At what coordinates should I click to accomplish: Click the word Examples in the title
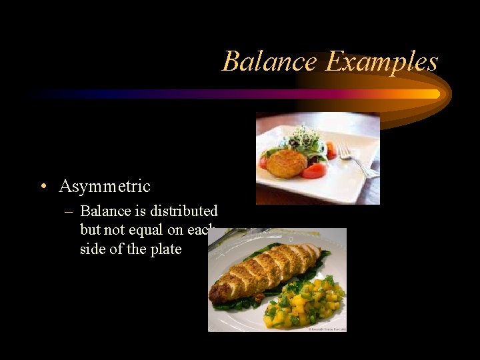tap(381, 62)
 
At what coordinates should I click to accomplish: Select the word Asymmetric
tap(105, 186)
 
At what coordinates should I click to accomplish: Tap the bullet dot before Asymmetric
tap(42, 187)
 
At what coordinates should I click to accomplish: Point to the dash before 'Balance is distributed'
tap(69, 211)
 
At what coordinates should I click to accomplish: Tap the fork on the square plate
tap(353, 160)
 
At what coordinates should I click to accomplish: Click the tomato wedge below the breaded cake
tap(313, 171)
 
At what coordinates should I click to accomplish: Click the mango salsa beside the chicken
tap(303, 303)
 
